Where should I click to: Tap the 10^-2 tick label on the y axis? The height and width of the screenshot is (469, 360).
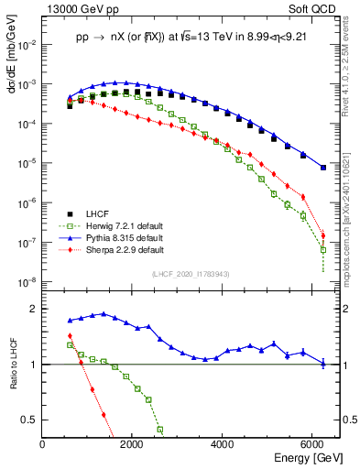(27, 43)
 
